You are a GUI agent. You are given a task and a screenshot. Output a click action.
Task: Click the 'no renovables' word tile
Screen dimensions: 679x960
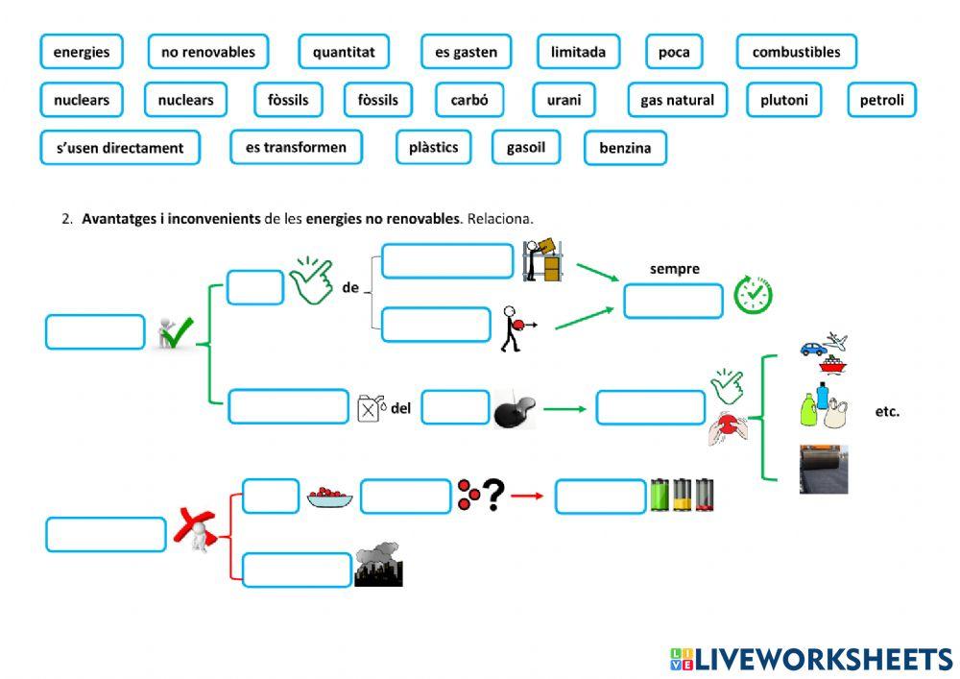(x=207, y=52)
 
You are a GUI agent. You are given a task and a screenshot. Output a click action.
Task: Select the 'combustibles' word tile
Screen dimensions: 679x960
(x=796, y=52)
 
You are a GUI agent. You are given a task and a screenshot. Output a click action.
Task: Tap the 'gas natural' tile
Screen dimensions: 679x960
(x=677, y=100)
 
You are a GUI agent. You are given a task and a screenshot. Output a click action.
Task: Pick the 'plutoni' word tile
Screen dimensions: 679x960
(x=783, y=100)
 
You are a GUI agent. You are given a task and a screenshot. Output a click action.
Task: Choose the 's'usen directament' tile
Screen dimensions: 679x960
(x=120, y=148)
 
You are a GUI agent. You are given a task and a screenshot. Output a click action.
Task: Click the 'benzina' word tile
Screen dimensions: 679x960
(x=625, y=148)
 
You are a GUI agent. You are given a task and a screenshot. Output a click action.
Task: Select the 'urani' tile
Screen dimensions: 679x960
(x=564, y=100)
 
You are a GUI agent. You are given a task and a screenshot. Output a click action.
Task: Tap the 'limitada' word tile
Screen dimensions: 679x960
(x=578, y=52)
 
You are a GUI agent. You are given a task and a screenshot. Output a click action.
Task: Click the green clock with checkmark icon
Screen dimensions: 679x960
(x=753, y=295)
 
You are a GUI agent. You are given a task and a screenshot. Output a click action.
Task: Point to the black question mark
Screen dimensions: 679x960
(x=493, y=496)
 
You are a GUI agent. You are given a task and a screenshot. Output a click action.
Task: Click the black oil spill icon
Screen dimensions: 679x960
(x=515, y=409)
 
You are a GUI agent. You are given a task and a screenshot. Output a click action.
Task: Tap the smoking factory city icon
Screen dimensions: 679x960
(x=378, y=567)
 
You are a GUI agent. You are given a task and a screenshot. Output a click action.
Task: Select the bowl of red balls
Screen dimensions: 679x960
(x=329, y=497)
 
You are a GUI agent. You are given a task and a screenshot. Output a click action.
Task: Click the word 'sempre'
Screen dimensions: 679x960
(x=675, y=269)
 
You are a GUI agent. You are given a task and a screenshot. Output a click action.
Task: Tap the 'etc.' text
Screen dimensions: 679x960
(x=887, y=412)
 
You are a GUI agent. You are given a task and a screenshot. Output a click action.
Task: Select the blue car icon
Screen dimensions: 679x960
(x=813, y=348)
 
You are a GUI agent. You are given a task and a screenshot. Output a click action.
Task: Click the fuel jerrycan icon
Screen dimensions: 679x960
(x=370, y=408)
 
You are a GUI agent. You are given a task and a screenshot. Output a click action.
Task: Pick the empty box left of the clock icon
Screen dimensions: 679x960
(x=672, y=301)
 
